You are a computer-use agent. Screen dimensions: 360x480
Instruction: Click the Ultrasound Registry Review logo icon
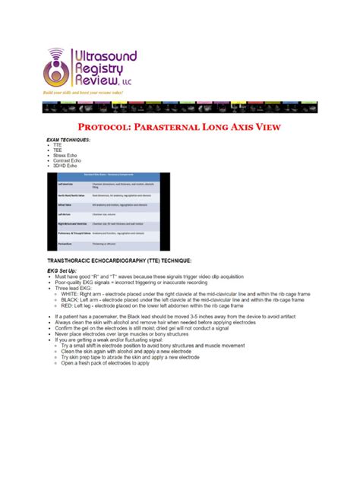click(57, 68)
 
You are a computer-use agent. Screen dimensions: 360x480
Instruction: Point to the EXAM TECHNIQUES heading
click(68, 141)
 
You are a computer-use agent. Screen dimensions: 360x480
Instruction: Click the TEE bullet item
click(57, 150)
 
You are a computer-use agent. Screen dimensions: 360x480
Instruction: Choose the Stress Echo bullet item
click(65, 156)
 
